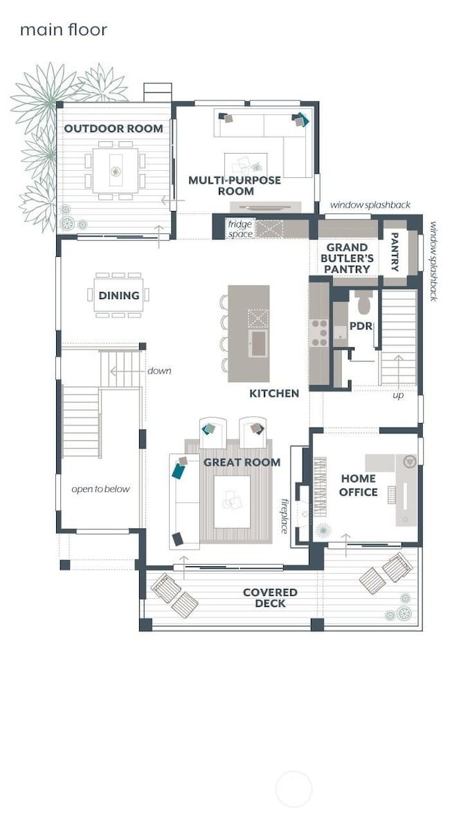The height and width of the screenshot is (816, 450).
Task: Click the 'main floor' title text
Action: (x=63, y=30)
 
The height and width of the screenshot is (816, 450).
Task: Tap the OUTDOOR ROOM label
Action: (x=114, y=129)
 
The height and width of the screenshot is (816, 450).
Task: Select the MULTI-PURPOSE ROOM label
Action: (x=235, y=185)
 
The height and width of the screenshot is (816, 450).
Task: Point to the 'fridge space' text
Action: (x=240, y=229)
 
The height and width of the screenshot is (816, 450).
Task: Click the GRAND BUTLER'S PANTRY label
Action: (x=350, y=258)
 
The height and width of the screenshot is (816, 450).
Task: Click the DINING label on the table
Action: (x=118, y=296)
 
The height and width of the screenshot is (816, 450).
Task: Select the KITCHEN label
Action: (x=274, y=393)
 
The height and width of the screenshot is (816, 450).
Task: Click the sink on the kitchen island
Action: (x=259, y=342)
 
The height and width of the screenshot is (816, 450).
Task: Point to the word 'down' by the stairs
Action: (x=159, y=371)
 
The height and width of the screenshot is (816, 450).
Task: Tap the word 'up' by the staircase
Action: (x=398, y=396)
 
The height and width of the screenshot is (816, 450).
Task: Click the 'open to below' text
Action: (x=100, y=489)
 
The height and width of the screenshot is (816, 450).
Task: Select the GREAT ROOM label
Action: (x=242, y=462)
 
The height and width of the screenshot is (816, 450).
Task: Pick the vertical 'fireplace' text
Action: (x=284, y=516)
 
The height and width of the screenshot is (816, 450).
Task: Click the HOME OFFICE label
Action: (x=359, y=485)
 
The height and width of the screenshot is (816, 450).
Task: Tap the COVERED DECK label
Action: (x=270, y=598)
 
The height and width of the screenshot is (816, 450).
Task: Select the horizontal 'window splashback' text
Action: (x=370, y=205)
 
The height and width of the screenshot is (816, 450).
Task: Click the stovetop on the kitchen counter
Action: (x=321, y=332)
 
